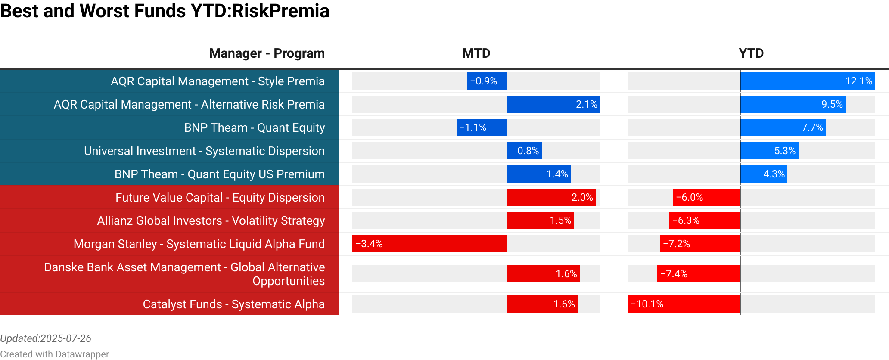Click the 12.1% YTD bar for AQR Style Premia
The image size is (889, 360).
(x=808, y=81)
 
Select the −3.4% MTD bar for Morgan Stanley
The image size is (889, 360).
(x=429, y=244)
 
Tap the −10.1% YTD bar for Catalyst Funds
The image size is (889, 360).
(x=684, y=304)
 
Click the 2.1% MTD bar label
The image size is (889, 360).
(x=586, y=104)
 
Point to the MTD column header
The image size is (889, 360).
(x=476, y=53)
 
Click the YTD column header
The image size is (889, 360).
(x=751, y=53)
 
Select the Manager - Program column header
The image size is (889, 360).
(x=267, y=53)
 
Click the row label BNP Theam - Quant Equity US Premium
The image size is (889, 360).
(x=219, y=174)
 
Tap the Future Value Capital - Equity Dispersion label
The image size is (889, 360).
(x=220, y=197)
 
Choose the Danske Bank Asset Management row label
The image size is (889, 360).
(x=184, y=274)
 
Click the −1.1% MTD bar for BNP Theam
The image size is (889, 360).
(x=482, y=127)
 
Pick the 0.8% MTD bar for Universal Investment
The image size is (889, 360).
(x=524, y=151)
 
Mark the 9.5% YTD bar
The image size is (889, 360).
(x=793, y=104)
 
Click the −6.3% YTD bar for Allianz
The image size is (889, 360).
(x=705, y=220)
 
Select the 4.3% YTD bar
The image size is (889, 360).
(x=764, y=174)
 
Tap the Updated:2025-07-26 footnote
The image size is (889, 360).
(x=46, y=338)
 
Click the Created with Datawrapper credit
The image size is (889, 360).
(x=54, y=354)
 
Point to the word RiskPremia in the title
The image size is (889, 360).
(x=280, y=11)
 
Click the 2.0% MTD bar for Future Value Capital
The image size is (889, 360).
(x=551, y=197)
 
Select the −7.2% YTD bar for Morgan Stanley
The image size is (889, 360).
(x=700, y=244)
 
